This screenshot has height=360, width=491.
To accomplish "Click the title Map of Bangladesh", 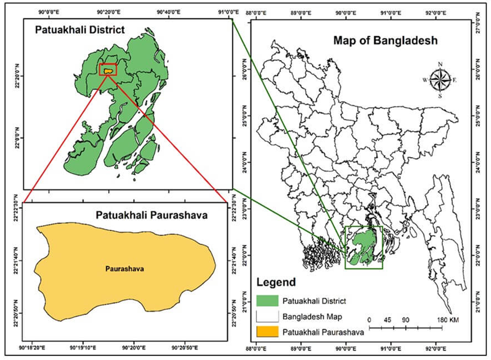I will (385, 41).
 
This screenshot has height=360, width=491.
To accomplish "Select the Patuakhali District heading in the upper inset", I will (79, 30).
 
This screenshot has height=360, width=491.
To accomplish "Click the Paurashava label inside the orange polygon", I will (122, 269).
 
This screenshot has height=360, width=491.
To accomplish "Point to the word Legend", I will (276, 283).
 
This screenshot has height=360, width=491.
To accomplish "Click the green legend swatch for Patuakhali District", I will (266, 300).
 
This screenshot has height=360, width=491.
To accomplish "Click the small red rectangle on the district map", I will (108, 69).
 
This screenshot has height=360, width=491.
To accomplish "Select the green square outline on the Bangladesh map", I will (364, 247).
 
